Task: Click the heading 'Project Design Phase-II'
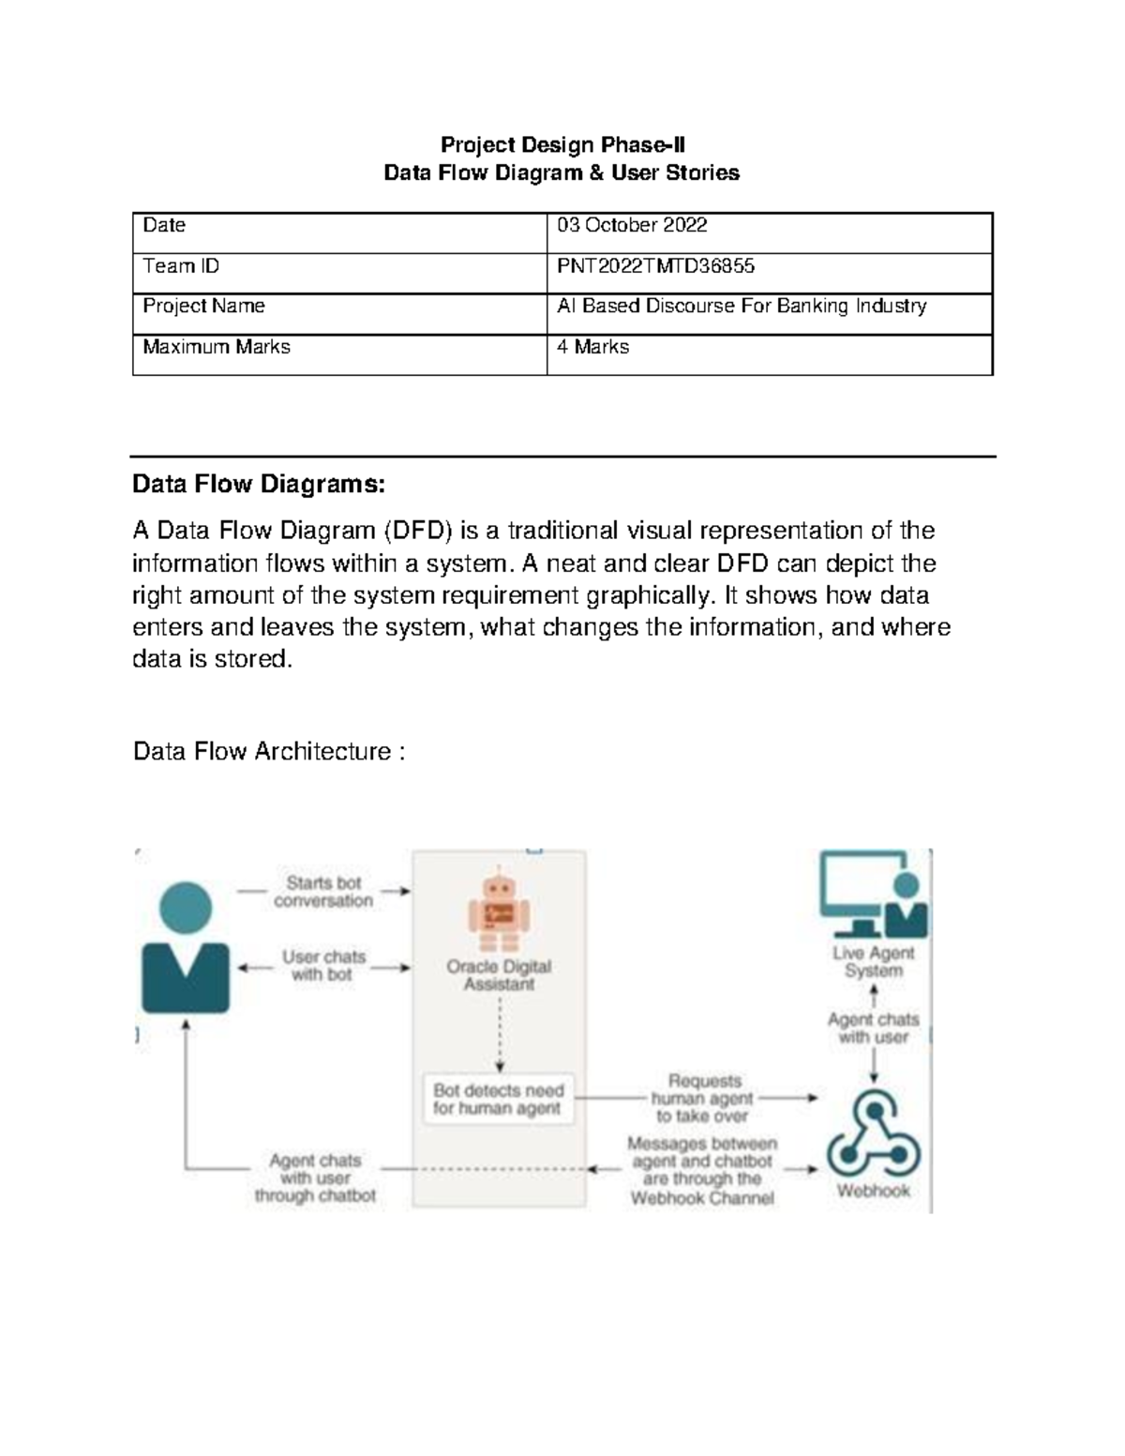(562, 144)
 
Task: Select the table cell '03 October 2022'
(632, 226)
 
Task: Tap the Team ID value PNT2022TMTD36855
(655, 266)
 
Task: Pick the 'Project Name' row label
(203, 307)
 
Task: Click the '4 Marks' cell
(592, 347)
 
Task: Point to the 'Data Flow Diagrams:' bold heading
(259, 485)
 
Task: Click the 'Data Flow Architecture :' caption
(269, 751)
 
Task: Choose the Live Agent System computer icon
(873, 894)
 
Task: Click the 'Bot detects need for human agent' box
(499, 1099)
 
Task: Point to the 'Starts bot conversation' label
(323, 892)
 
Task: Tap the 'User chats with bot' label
(323, 966)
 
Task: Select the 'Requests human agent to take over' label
(703, 1098)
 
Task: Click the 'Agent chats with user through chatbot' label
(316, 1178)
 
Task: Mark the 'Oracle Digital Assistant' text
(499, 975)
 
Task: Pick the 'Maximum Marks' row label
(217, 347)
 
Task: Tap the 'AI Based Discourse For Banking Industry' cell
(742, 307)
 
